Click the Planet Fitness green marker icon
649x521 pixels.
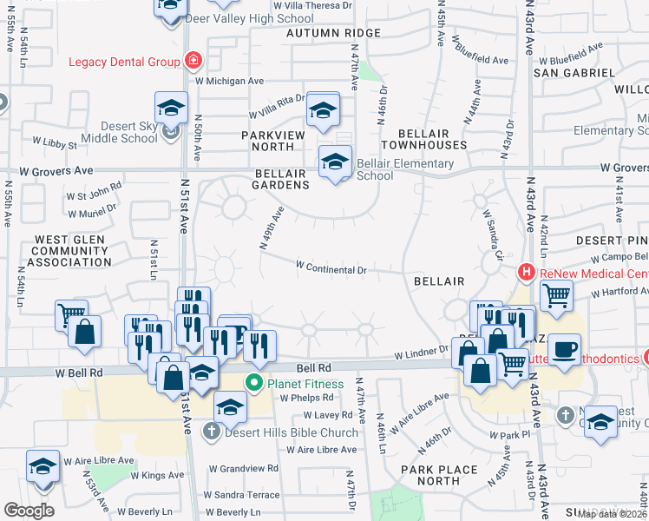254,383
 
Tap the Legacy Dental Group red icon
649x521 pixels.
193,61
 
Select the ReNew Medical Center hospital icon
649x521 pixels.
525,273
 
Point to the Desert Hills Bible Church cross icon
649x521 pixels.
213,432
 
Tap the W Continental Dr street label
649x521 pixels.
331,268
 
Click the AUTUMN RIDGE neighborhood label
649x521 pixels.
334,33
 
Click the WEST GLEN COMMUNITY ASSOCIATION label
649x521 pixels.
69,250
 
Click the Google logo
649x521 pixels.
29,511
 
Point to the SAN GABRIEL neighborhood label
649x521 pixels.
567,73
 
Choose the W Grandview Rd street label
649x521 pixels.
249,468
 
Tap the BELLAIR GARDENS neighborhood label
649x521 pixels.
282,179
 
